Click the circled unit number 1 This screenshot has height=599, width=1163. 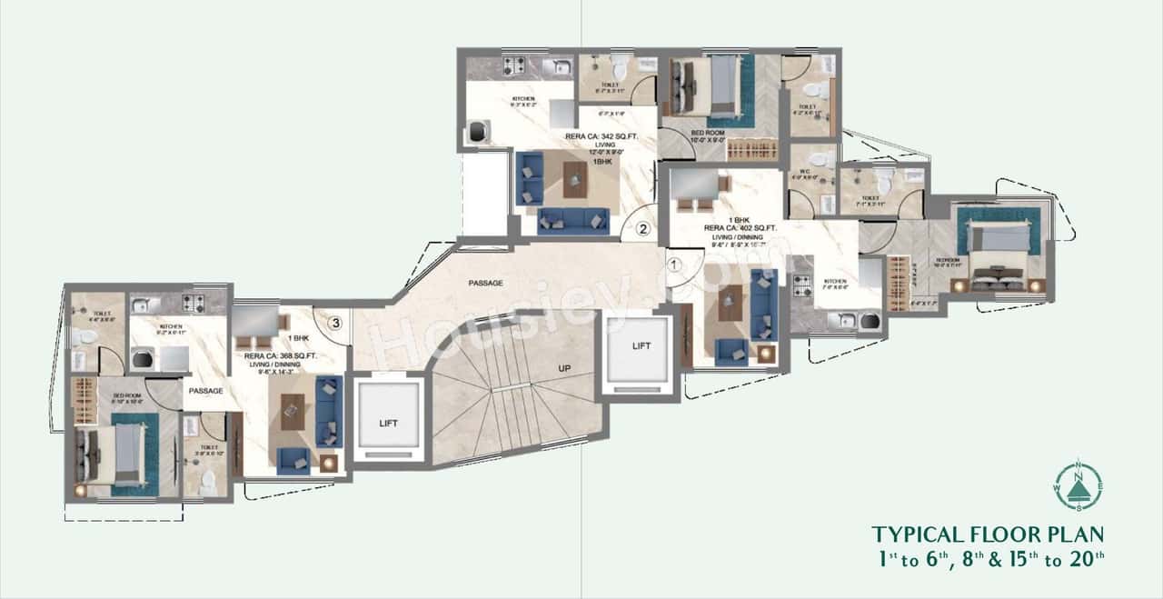673,265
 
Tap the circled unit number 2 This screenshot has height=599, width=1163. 642,229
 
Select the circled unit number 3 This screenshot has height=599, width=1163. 335,321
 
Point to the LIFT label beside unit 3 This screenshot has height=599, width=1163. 388,423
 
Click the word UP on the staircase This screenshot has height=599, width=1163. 563,366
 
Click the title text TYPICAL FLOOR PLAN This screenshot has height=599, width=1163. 988,534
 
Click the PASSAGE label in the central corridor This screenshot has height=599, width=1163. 486,283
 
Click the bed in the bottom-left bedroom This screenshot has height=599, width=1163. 114,454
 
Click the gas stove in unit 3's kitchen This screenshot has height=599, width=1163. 193,304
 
